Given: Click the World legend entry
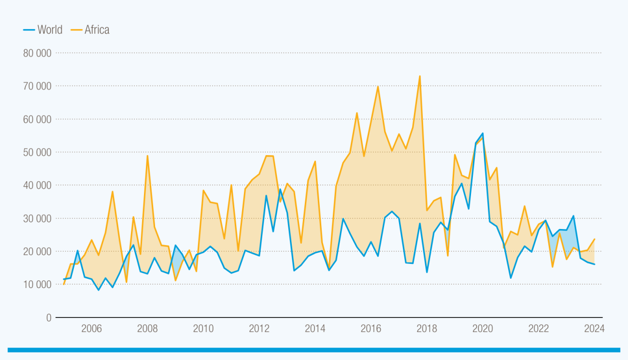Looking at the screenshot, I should coord(43,30).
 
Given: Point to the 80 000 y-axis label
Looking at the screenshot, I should coord(37,53).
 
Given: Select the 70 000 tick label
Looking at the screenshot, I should coord(37,86).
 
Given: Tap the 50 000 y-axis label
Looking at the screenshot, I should coord(37,152).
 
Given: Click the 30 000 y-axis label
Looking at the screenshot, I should coord(37,218).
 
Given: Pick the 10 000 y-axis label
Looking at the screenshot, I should coord(37,285).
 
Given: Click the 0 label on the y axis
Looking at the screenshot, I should coord(49,317).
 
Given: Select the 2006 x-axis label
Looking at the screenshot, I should coord(91,329).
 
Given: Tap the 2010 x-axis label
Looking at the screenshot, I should coord(203,329).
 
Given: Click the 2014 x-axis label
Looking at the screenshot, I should coord(315,329).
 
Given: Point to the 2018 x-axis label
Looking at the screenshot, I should coord(427,329).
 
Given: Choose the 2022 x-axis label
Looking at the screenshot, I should coord(539,329).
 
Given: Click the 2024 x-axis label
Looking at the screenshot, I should coord(594,329).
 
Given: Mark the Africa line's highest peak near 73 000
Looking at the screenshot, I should coord(420,76).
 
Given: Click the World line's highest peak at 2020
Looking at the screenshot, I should coord(483,133).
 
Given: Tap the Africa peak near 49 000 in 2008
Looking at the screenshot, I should coord(147,156).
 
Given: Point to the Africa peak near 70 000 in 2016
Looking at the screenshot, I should coord(378,86).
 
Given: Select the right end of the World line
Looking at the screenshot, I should coord(594,264).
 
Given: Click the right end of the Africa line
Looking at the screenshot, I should coord(594,239).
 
